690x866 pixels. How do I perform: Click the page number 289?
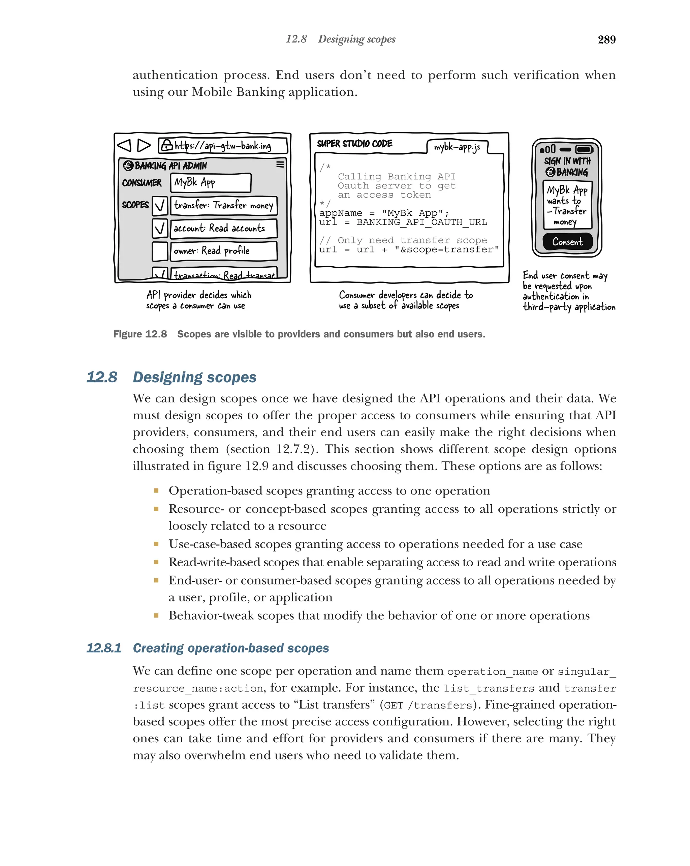pos(606,39)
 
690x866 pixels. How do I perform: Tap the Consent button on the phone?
pos(567,241)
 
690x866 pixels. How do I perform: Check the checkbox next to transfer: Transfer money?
pos(160,206)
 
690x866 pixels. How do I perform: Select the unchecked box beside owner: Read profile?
pos(160,251)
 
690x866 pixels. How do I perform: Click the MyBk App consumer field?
pos(210,183)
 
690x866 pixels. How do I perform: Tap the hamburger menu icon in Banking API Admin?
pos(280,164)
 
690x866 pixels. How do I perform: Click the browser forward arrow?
pos(143,145)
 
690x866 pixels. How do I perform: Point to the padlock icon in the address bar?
pos(166,145)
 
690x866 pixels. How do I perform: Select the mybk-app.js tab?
pos(457,147)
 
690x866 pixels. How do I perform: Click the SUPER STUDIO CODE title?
pos(354,143)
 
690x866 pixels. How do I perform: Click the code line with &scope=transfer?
pos(409,249)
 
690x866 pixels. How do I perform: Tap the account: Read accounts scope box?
pos(224,228)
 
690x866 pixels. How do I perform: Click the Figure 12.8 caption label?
pos(140,334)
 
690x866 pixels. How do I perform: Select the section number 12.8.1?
pos(103,648)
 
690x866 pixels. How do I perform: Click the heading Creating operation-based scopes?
pos(230,648)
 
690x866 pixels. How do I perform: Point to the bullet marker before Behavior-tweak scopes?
pos(156,615)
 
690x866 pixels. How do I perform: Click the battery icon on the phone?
pos(584,149)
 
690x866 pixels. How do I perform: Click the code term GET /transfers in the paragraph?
pos(428,705)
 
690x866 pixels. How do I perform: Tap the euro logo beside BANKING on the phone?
pos(550,172)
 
